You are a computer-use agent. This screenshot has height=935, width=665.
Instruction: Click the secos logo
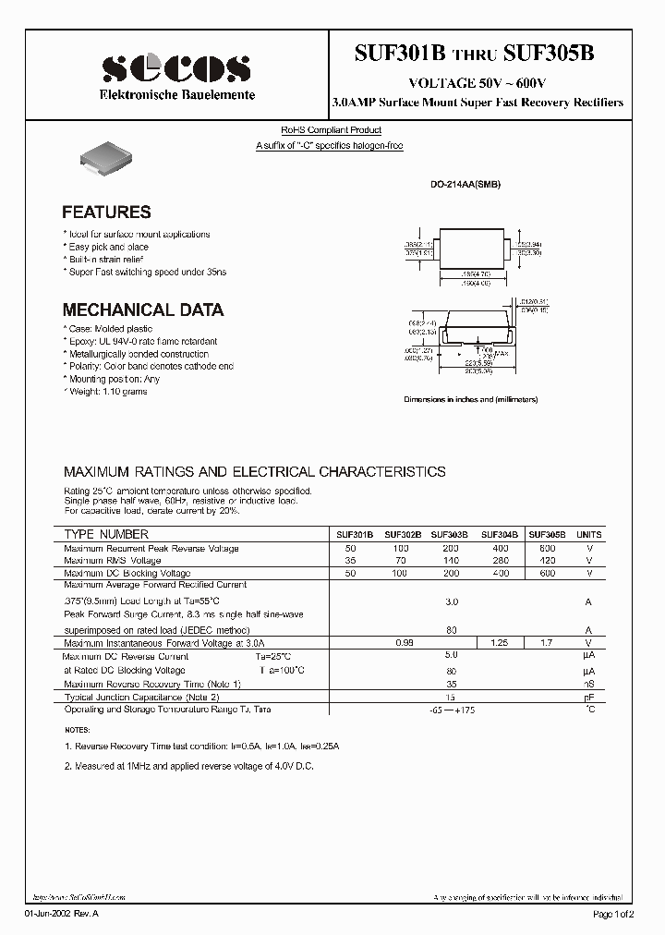175,69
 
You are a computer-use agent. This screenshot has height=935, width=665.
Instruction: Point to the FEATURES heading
106,212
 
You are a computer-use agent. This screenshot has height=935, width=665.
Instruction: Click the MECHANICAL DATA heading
142,310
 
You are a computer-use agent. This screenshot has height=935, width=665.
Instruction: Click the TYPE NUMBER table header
106,534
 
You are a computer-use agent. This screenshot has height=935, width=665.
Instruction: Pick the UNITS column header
588,535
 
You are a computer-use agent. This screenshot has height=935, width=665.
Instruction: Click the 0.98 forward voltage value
403,641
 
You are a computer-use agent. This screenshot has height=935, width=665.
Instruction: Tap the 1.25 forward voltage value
499,641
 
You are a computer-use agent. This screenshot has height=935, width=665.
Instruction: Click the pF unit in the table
588,698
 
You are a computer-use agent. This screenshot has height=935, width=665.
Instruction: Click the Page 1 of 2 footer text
613,914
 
